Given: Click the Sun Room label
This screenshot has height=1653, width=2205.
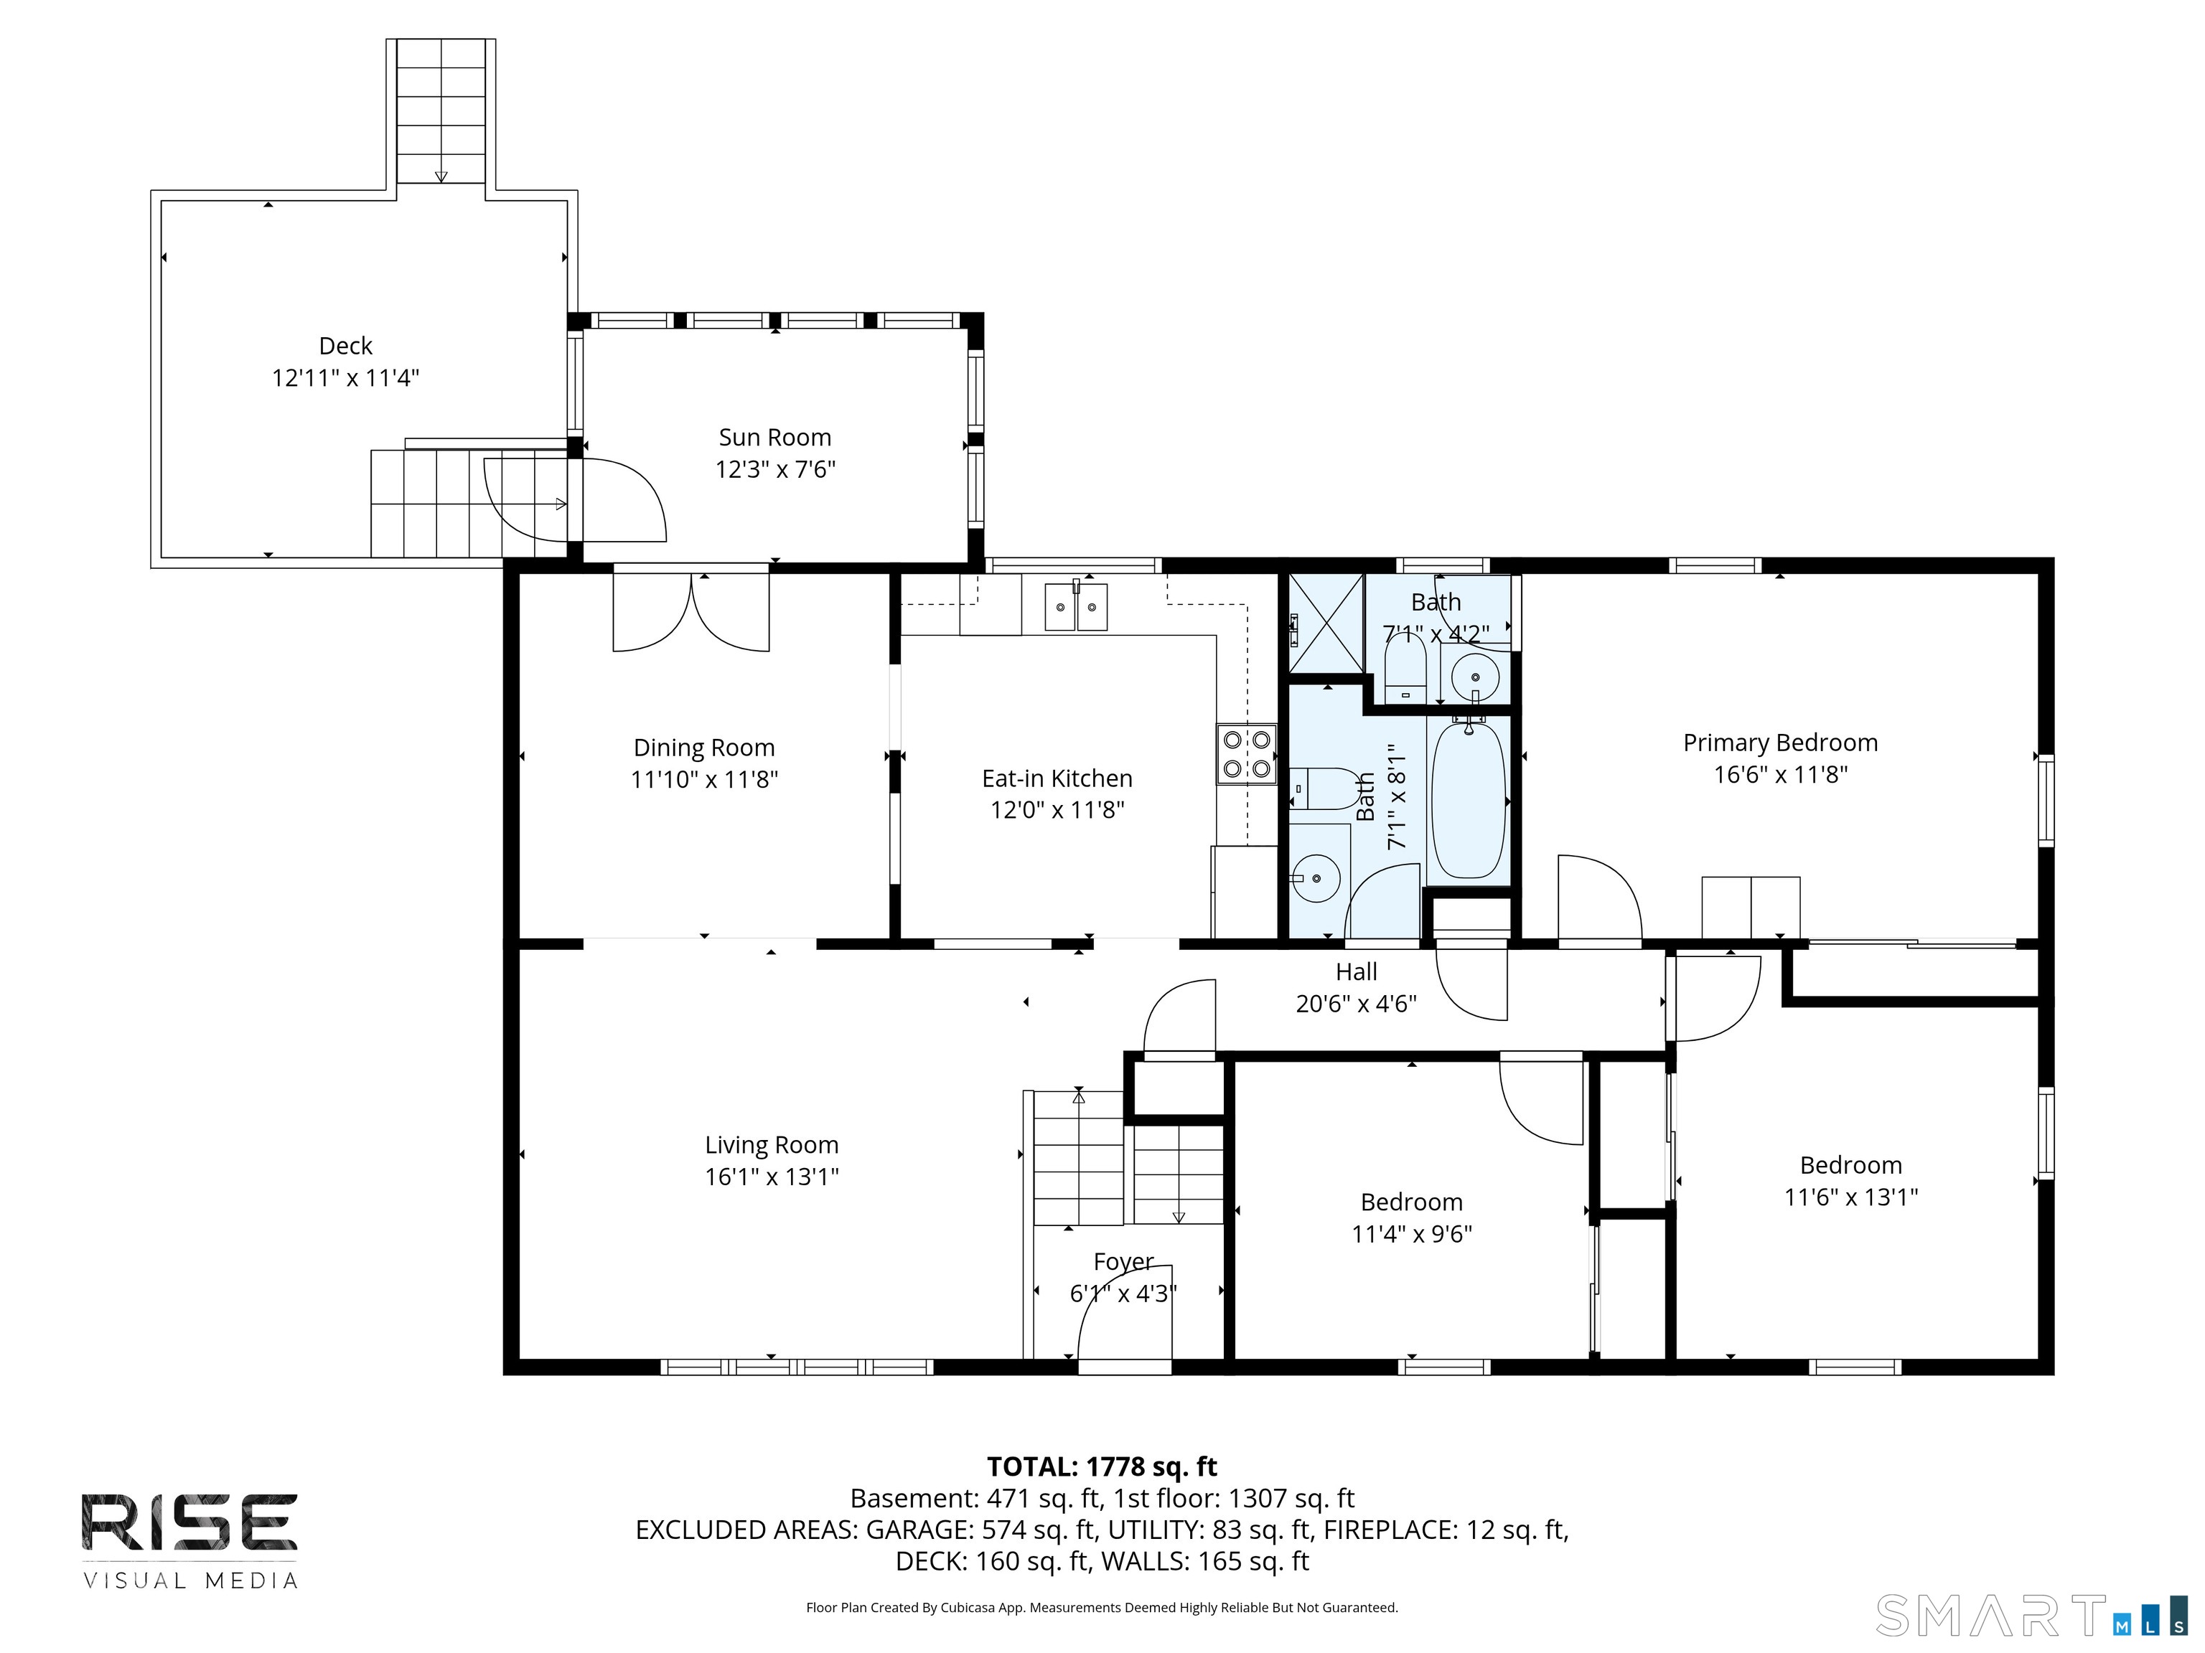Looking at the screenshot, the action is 774,438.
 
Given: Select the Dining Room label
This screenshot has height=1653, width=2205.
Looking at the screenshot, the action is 703,748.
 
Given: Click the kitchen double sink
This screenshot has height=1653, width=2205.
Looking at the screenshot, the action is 1076,607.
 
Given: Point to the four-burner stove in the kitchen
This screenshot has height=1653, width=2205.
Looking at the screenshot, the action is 1247,754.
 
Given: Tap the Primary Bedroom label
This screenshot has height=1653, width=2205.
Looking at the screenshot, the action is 1780,743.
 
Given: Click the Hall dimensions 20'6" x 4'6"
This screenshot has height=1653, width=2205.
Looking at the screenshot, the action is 1356,1004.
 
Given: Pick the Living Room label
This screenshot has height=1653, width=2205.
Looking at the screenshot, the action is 772,1145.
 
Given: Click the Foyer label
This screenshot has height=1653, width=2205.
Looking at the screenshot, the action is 1123,1261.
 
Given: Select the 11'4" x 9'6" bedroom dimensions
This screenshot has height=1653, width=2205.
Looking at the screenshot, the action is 1412,1233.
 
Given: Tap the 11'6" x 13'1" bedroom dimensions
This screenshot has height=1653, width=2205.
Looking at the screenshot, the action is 1851,1197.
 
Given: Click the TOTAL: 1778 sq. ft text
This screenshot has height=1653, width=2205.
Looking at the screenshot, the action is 1102,1466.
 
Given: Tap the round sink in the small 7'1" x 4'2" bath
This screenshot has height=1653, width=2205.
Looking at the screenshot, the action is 1474,679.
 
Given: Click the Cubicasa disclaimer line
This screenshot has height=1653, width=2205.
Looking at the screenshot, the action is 1102,1607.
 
